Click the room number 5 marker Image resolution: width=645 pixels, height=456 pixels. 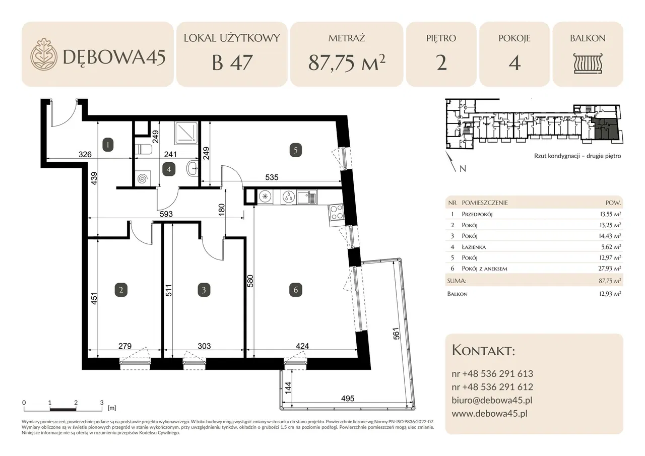(295, 150)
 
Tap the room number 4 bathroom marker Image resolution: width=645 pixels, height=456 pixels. (169, 169)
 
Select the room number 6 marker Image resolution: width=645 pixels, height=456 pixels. (295, 290)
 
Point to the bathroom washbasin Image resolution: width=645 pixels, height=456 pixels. (192, 168)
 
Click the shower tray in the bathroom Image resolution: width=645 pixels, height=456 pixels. (186, 133)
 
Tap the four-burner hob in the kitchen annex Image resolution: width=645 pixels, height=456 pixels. (336, 212)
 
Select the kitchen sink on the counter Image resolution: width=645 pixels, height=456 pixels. (307, 197)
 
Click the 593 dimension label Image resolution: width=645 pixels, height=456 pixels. (166, 214)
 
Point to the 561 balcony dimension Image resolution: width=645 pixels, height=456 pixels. (396, 334)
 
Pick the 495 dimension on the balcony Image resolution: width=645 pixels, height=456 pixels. (348, 399)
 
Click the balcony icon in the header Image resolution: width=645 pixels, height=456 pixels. (588, 63)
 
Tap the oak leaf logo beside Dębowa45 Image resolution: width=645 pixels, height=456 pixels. (44, 54)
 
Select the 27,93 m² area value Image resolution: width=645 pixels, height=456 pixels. (610, 268)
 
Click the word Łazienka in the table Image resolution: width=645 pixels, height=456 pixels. (474, 247)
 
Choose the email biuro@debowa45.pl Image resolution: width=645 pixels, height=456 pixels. (492, 400)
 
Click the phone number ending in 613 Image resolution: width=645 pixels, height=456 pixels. (492, 374)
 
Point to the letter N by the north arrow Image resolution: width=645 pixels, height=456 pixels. (463, 169)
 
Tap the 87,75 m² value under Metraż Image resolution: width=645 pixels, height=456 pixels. (347, 63)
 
